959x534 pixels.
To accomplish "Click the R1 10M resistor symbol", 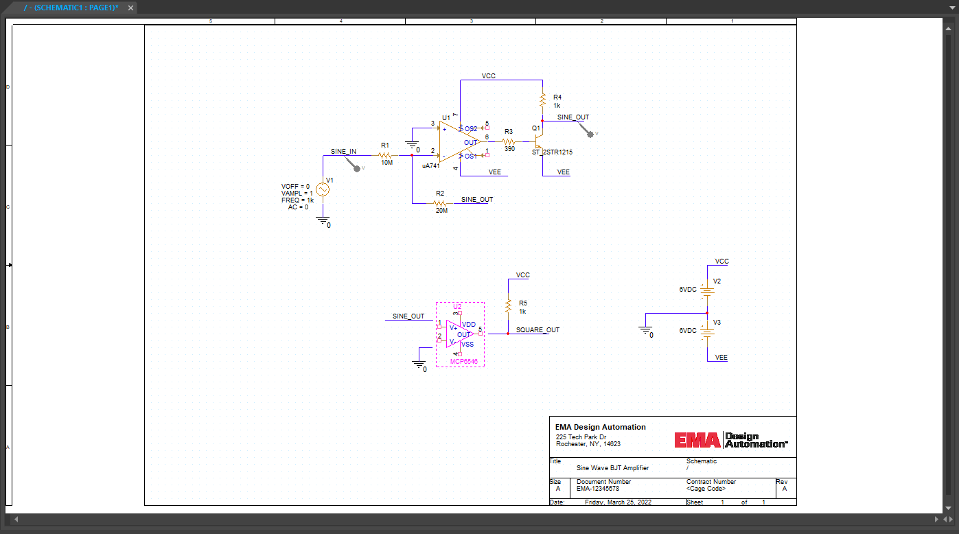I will pos(385,156).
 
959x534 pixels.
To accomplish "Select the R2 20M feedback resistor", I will pos(440,204).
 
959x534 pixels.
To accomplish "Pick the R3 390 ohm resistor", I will pos(509,142).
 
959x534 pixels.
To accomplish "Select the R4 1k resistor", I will pos(542,101).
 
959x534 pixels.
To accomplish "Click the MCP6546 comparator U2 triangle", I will pos(457,334).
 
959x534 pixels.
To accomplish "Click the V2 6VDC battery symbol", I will pos(707,290).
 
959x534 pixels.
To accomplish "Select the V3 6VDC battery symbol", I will pos(707,332).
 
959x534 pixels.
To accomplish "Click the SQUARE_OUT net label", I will pos(538,330).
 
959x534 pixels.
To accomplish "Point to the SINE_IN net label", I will pos(343,152).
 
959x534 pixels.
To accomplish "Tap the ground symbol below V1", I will pos(322,220).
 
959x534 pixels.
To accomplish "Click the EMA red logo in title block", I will pos(697,440).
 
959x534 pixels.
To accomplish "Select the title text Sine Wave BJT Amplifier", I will pos(612,468).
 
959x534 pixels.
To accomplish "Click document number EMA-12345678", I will pos(598,489).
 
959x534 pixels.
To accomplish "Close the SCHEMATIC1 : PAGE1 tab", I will pos(129,8).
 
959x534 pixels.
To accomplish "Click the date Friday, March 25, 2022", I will pos(618,502).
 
